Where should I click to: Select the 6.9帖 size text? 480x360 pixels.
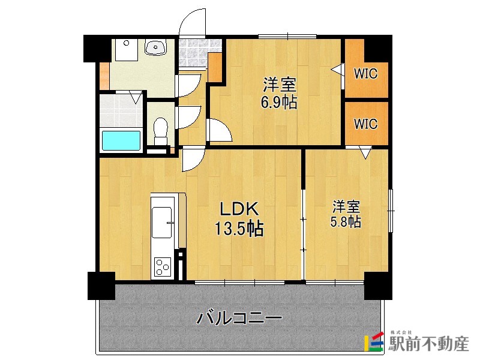coord(278,103)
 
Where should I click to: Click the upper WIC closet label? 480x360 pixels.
coord(365,74)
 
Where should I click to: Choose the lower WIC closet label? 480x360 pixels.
coord(365,124)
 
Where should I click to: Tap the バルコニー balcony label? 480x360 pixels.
coord(239,317)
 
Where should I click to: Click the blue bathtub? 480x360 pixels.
coord(121,140)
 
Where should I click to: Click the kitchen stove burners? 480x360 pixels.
coord(163,265)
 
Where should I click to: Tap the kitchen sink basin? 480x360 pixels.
coord(162,222)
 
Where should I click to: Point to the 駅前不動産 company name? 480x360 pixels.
coord(428,344)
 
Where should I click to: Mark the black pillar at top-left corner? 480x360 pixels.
coord(96,48)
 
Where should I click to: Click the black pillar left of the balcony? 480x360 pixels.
coord(101,286)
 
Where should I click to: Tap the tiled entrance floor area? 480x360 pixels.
coord(192,53)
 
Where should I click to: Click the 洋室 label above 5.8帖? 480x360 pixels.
coord(346,208)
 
